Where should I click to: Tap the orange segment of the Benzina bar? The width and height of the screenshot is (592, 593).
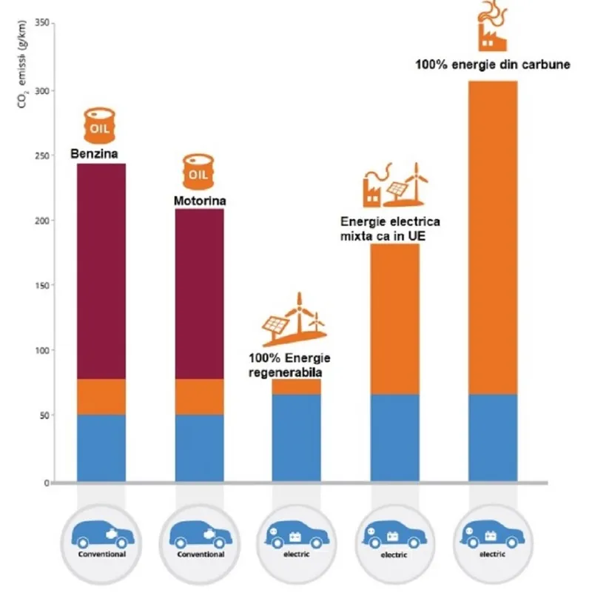coord(101,397)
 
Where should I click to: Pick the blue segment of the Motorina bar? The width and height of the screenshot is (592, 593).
coord(199,448)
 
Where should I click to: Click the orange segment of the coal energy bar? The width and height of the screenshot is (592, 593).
coord(492,237)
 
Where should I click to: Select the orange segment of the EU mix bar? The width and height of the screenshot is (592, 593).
coord(394,319)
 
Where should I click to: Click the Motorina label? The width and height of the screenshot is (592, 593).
coord(199,200)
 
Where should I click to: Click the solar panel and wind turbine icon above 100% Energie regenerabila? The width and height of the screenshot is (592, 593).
coord(295,319)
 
